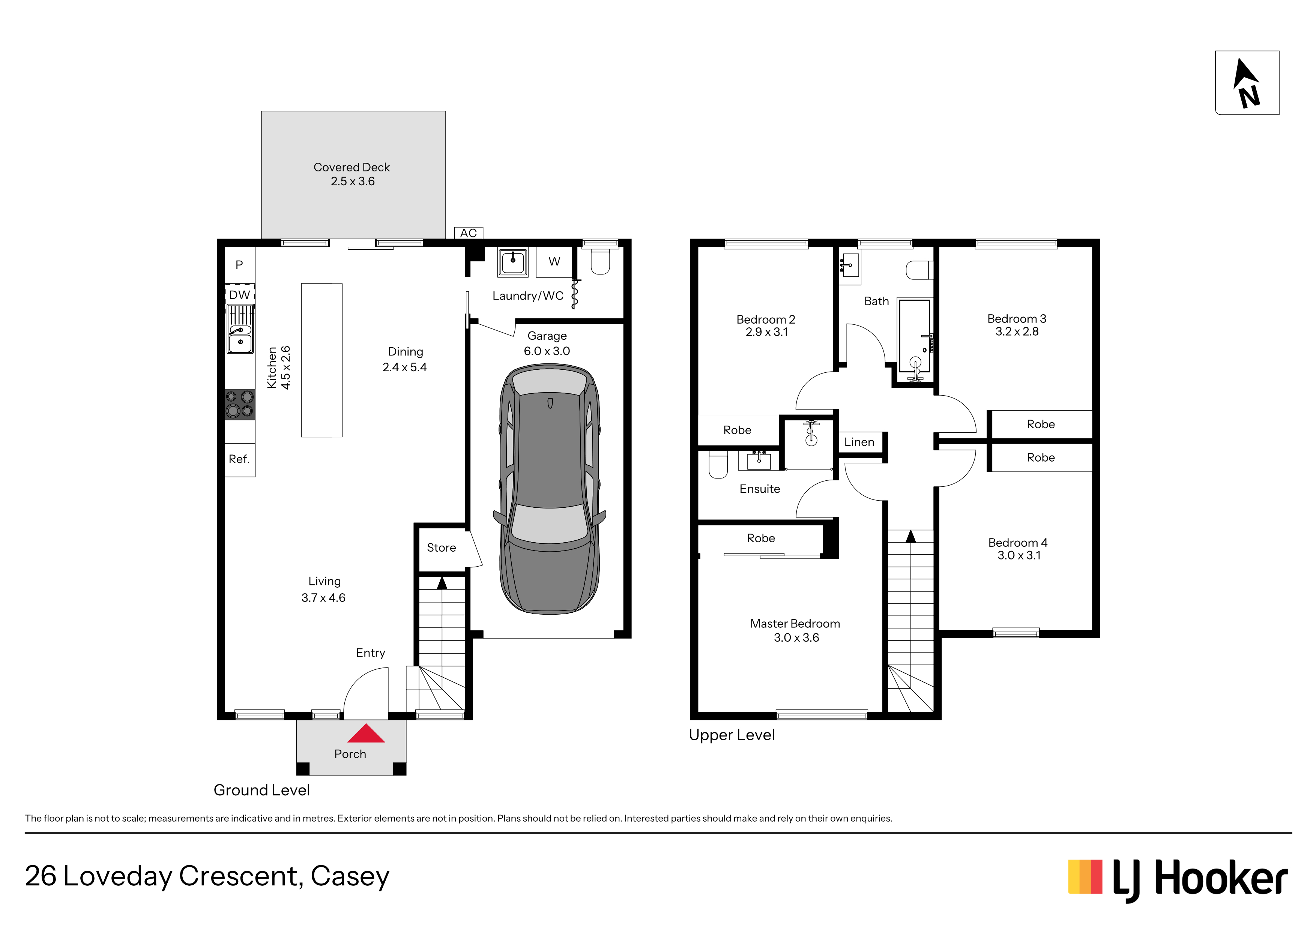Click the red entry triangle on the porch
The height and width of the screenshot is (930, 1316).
point(366,734)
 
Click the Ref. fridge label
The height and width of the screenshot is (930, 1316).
point(239,459)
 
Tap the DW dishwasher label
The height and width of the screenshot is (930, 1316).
point(240,295)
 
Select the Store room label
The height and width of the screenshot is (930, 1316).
point(441,548)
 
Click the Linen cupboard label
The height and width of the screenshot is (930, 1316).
point(859,442)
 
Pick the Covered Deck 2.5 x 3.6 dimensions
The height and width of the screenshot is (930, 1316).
point(353,181)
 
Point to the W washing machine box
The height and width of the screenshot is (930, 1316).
point(554,262)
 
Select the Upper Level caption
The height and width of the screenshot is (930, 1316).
point(732,735)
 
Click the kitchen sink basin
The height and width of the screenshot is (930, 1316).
point(240,343)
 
